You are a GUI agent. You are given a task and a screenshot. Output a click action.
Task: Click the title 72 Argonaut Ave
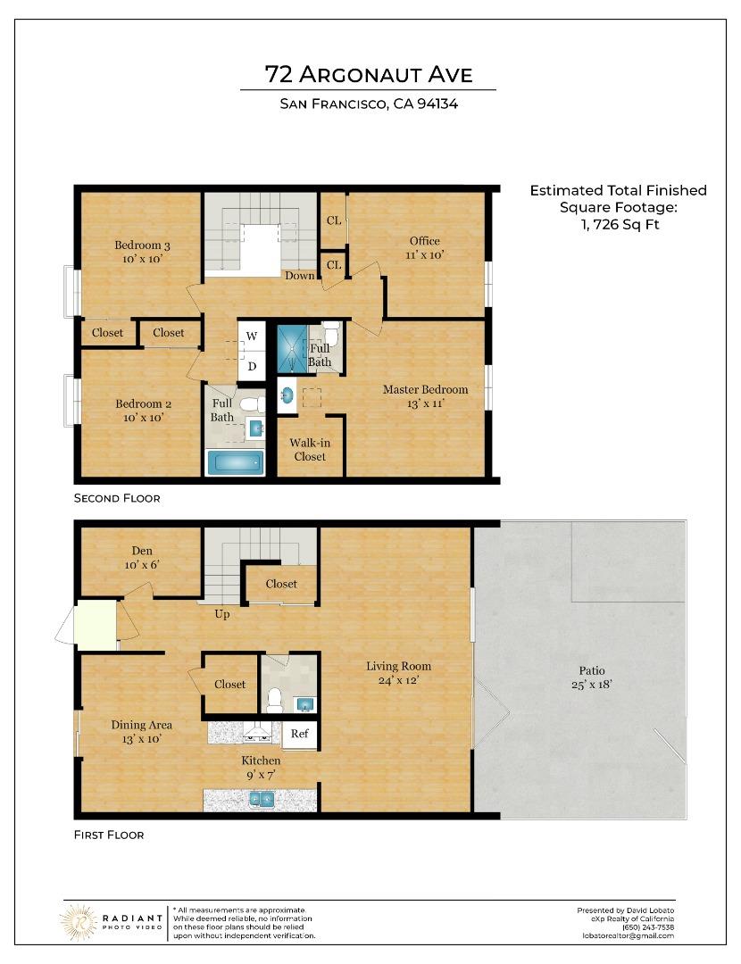pos(369,74)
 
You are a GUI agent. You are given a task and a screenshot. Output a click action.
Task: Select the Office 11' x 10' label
pos(424,248)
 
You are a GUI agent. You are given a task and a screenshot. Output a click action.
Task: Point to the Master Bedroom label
pos(425,390)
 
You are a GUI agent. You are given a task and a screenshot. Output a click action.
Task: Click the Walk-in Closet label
pos(310,449)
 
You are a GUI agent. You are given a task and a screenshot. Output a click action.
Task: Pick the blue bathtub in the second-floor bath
pos(236,463)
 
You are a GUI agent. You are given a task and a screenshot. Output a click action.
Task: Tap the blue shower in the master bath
pos(292,349)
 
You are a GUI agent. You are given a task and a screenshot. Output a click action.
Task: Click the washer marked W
pos(252,336)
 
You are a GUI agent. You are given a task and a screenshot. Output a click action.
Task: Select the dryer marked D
pos(252,366)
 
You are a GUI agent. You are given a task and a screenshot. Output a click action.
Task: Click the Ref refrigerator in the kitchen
pos(299,734)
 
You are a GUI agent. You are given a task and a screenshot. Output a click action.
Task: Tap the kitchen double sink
pos(262,799)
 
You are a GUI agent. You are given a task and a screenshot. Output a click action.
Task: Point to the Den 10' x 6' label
pos(142,558)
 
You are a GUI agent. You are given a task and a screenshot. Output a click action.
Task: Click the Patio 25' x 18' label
pos(592,677)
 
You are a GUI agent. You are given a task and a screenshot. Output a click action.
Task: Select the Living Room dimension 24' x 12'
pos(398,680)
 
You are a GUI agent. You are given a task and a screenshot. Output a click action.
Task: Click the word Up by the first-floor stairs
pos(222,614)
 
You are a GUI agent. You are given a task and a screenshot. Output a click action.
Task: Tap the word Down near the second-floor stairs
pos(299,276)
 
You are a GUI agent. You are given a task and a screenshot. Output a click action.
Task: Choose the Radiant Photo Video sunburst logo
pos(78,922)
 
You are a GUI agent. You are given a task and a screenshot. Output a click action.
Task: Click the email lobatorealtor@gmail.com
pos(628,935)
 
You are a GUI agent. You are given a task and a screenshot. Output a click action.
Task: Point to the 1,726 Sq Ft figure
pos(620,224)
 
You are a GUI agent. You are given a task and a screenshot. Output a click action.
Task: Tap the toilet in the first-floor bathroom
pos(274,701)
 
